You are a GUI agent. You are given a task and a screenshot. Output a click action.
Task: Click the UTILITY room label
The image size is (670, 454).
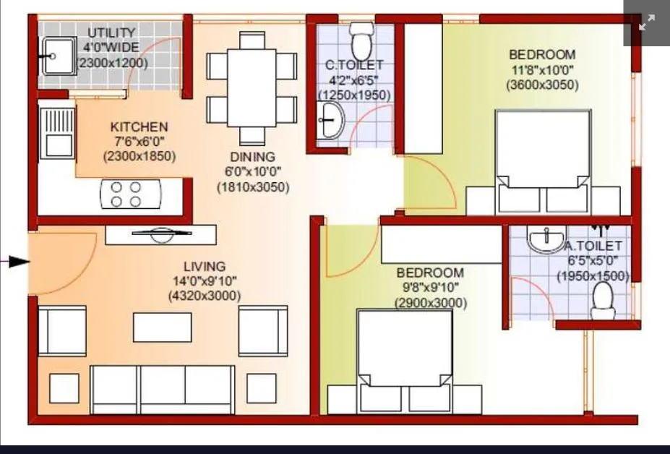(111, 33)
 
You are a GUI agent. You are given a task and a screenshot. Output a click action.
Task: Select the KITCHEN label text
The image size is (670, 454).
(139, 127)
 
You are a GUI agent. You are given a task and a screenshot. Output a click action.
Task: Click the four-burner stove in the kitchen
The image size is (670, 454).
(126, 193)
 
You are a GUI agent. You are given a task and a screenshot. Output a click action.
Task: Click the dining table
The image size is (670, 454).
(252, 86)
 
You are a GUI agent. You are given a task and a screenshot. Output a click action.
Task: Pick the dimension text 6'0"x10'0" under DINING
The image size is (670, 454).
(252, 172)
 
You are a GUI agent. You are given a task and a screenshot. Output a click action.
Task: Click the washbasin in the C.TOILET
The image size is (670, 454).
(332, 120)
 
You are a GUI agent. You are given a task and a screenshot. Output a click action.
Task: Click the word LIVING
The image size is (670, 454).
(205, 267)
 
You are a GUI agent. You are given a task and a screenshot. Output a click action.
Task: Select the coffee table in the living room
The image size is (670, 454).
(163, 327)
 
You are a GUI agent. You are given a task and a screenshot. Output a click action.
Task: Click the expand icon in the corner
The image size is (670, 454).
(646, 23)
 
